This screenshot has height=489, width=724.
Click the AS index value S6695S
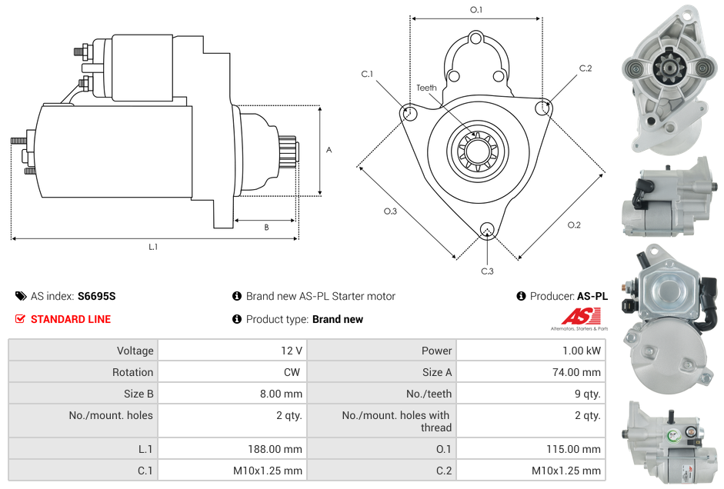96,296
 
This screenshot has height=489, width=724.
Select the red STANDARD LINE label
70,319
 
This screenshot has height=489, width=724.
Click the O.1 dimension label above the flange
476,10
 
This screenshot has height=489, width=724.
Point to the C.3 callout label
487,271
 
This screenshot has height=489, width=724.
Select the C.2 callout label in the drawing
586,68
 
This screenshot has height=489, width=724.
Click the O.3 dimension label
390,211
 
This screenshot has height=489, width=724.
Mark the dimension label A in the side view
329,150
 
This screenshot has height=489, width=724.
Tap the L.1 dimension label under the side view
153,247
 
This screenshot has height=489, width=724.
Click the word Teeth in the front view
426,88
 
